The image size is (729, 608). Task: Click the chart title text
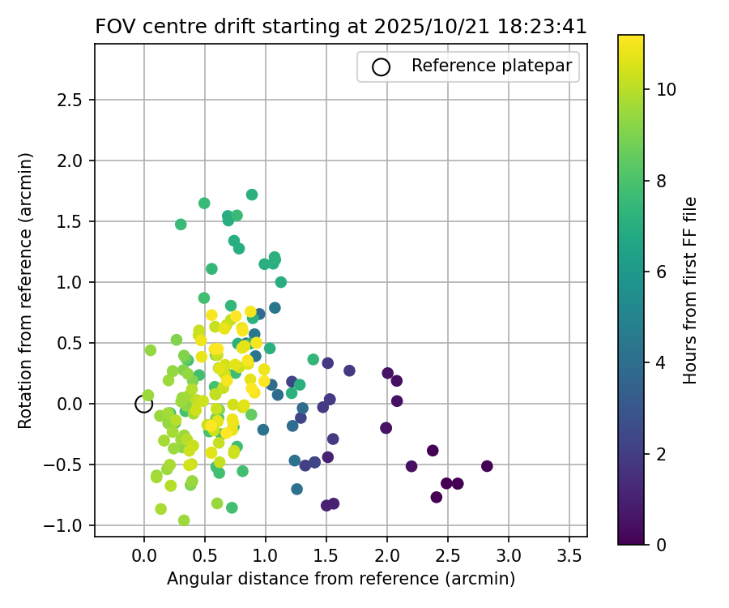pos(341,26)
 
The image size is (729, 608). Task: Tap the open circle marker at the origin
pos(144,404)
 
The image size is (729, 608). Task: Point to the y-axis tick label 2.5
pos(72,101)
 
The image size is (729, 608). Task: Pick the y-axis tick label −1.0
pos(68,526)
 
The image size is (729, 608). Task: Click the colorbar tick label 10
pos(666,90)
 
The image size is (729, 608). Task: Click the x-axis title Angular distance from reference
pos(341,579)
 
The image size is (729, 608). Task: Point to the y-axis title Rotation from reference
pos(26,290)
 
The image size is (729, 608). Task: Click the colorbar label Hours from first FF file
pos(690,290)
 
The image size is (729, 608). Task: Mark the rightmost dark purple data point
pos(487,466)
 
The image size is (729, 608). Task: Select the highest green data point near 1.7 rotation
pos(252,195)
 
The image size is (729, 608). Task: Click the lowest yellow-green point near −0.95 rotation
pos(184,520)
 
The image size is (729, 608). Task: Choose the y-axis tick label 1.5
pos(72,221)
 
